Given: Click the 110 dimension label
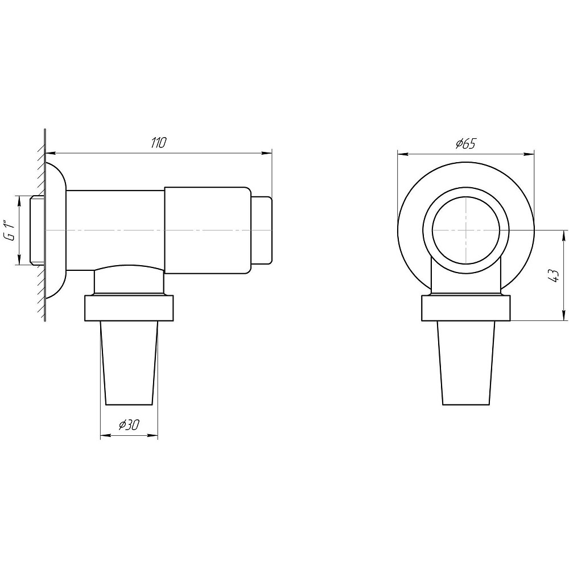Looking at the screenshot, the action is (158, 143).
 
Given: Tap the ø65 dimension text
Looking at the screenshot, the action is (465, 144).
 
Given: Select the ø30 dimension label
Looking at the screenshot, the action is (129, 424).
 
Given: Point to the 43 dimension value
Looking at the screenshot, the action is (554, 276).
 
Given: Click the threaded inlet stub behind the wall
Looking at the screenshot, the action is (36, 230).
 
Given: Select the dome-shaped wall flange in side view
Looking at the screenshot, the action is (56, 230).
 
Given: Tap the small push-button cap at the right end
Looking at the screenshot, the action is (261, 230).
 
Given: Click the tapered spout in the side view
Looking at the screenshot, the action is (129, 363).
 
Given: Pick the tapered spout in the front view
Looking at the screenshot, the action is (467, 363).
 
